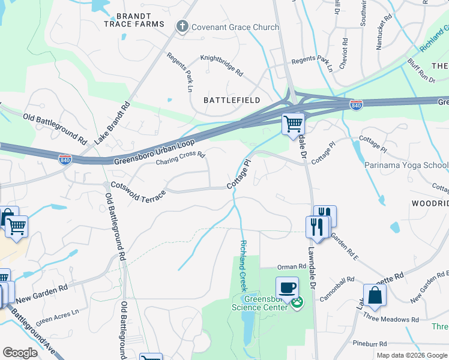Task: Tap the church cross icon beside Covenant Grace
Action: [182, 26]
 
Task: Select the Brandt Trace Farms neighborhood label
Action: [134, 20]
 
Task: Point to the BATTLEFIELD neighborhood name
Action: [232, 100]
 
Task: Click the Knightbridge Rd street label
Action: [221, 67]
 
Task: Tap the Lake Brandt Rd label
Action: [112, 124]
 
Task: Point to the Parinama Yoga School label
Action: [406, 165]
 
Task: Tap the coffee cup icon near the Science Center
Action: [288, 286]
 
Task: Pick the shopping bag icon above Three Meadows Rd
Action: [375, 295]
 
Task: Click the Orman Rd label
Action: [291, 266]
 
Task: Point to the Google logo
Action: [20, 353]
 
